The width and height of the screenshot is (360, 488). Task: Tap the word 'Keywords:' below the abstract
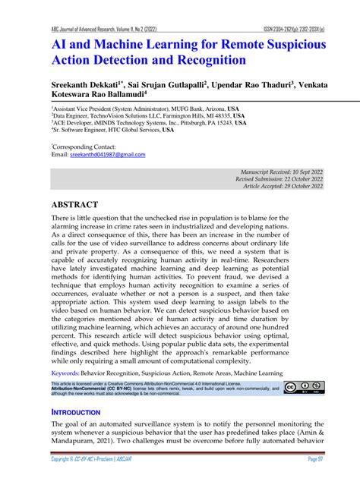click(70, 373)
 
